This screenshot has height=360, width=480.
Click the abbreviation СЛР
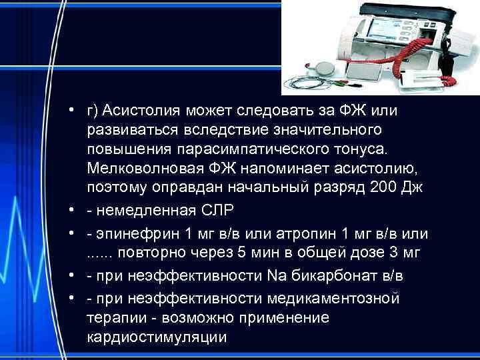coord(217,212)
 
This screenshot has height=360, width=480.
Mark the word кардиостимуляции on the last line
coord(157,337)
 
